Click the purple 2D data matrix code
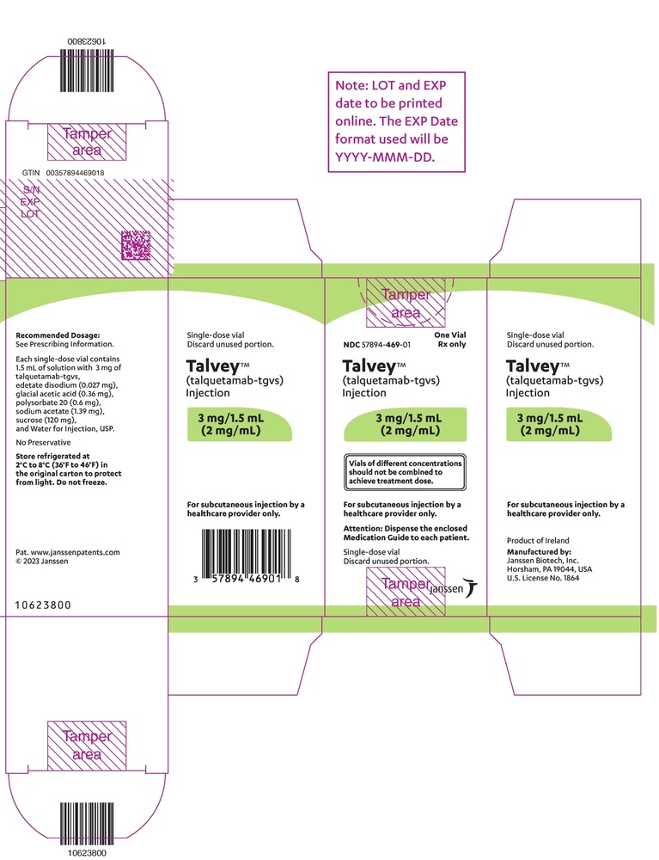point(135,245)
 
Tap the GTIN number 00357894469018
point(75,173)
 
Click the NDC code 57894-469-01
point(386,345)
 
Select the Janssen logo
point(453,588)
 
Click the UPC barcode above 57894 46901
point(246,555)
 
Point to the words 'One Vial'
point(449,335)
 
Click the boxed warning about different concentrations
point(405,471)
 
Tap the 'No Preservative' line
point(43,442)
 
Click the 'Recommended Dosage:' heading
point(58,335)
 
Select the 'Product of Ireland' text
point(538,540)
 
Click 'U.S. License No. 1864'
point(543,578)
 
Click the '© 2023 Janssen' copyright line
point(42,561)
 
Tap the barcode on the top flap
point(87,71)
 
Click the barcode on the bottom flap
point(87,825)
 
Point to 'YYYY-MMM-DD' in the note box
point(385,157)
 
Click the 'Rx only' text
point(451,344)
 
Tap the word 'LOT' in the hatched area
point(30,214)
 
